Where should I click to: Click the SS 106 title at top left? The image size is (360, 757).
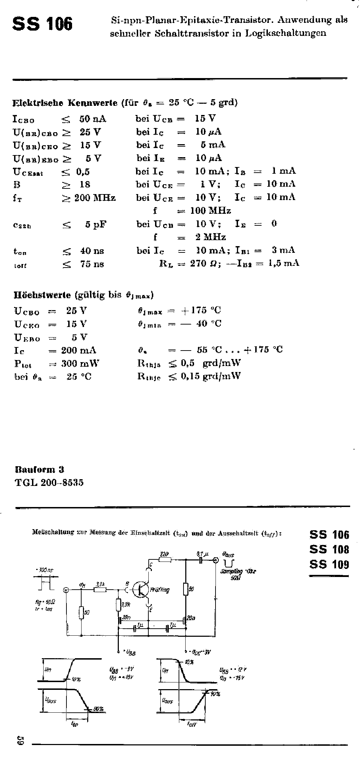coord(43,24)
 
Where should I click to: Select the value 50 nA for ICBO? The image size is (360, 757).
coord(93,119)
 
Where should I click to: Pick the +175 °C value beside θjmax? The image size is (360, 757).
coord(201,310)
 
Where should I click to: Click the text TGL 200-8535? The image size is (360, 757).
coord(49,482)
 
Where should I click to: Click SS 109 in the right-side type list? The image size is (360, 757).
coord(329,564)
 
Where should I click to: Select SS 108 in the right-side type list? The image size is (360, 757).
coord(329,549)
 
